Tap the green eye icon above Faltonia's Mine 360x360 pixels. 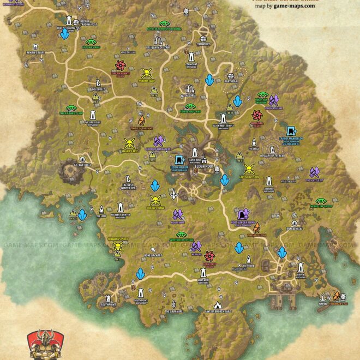(x=91, y=41)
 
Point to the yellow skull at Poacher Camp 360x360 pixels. (x=146, y=73)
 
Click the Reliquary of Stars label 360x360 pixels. (x=159, y=47)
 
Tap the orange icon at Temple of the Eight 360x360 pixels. (x=141, y=120)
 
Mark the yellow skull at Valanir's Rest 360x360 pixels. (x=129, y=143)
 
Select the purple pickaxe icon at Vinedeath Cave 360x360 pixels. (x=273, y=100)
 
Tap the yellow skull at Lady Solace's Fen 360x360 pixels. (x=249, y=169)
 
